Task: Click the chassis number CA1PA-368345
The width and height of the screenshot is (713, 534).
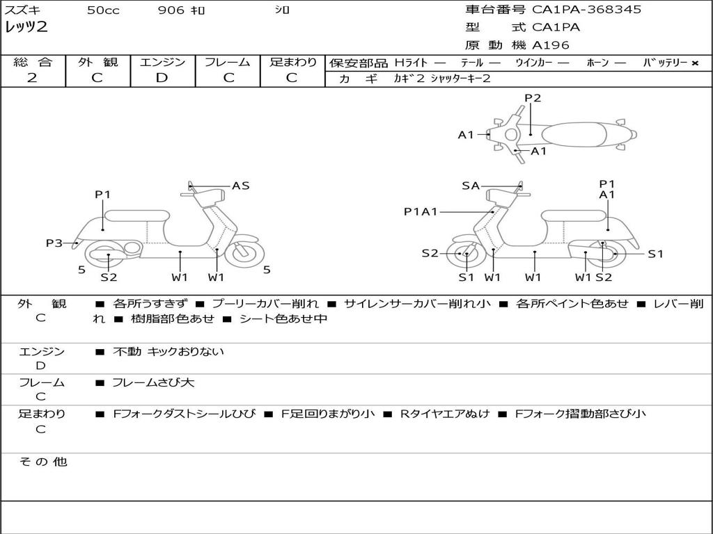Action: click(586, 9)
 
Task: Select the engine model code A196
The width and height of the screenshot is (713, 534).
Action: click(550, 45)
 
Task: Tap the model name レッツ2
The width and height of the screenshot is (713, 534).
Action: click(26, 27)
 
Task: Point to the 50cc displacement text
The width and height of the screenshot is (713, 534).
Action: click(103, 10)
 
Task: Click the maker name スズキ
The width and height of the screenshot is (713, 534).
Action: click(22, 10)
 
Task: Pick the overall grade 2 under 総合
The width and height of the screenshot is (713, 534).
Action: click(32, 78)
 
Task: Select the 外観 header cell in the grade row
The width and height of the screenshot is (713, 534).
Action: click(97, 62)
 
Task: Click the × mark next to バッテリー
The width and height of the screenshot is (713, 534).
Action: click(695, 63)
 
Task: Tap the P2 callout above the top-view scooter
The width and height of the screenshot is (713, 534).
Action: click(533, 98)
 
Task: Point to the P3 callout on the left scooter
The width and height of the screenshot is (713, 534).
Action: click(54, 243)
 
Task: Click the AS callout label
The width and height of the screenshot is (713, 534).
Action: click(240, 186)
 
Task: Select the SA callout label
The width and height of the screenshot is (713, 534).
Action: click(471, 186)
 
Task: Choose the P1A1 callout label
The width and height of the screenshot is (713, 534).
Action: click(421, 211)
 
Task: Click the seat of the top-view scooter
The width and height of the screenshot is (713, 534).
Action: click(574, 135)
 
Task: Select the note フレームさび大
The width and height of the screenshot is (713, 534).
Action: click(153, 382)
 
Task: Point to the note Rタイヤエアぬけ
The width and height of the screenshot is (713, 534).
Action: click(445, 414)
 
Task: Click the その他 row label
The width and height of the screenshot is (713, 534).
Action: click(42, 462)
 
